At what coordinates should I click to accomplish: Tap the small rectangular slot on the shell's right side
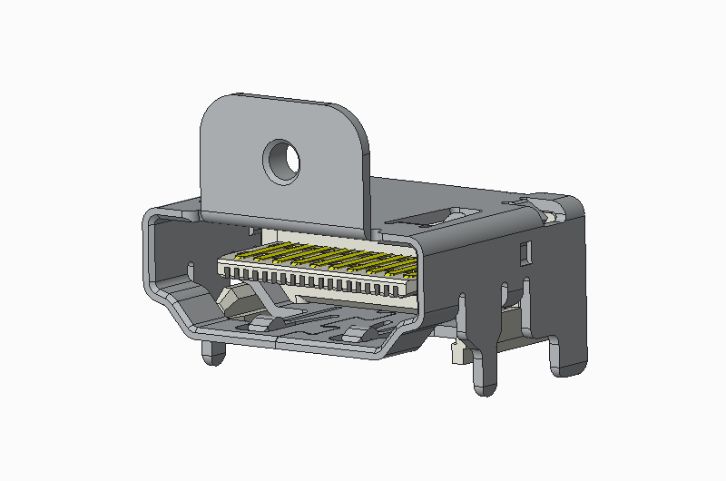524,251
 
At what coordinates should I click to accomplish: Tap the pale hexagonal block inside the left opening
238,299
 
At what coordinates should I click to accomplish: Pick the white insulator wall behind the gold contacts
327,238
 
